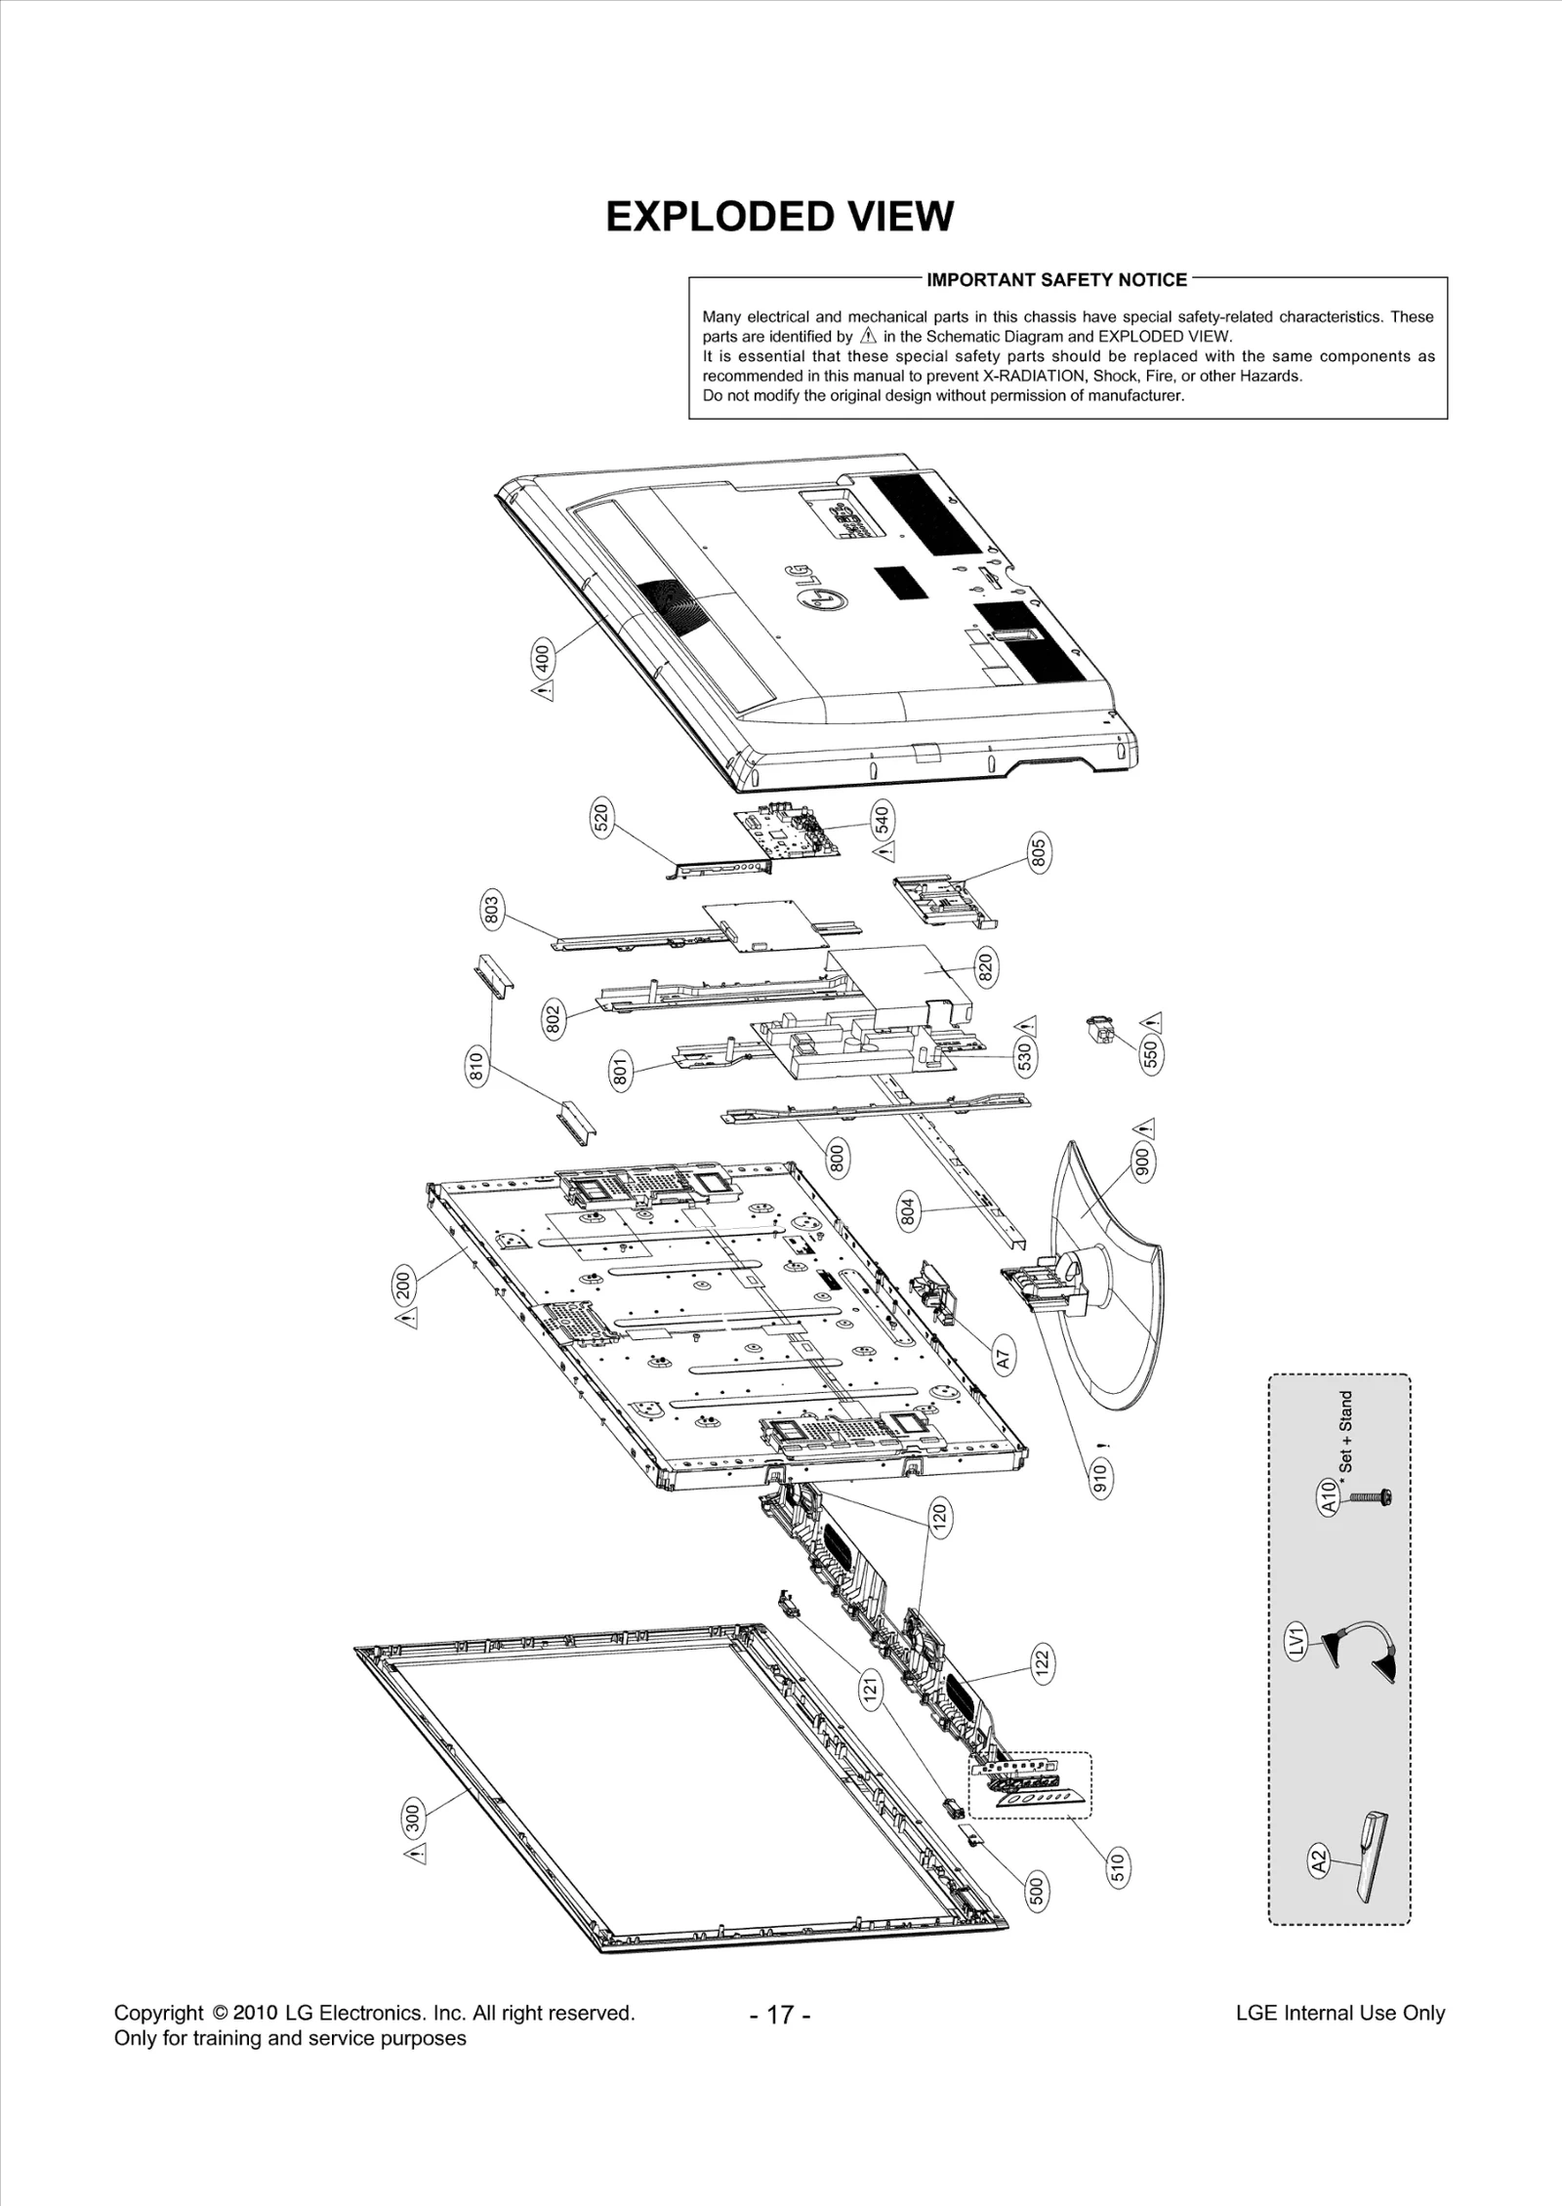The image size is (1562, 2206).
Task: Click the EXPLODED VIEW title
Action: [x=779, y=217]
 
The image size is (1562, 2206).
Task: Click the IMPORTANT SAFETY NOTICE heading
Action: [x=1056, y=280]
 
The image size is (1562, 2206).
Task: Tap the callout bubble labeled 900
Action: [x=1142, y=1161]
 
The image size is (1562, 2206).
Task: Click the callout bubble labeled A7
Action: [x=1005, y=1356]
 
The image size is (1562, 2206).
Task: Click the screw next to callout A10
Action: [x=1370, y=1496]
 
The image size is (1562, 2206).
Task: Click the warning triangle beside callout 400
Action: [x=543, y=691]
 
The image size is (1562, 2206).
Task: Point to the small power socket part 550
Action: [x=1100, y=1029]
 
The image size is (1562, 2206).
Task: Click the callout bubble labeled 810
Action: [x=476, y=1065]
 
